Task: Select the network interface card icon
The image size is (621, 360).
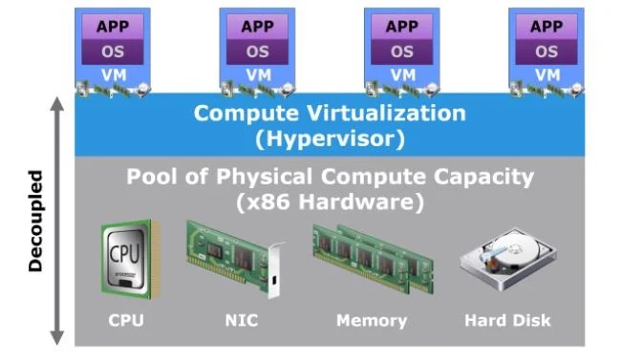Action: (235, 257)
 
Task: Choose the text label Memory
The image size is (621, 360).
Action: (372, 320)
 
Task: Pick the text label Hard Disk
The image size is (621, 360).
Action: (507, 320)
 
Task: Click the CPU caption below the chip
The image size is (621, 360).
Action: (125, 320)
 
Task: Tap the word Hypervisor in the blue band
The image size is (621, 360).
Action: (331, 138)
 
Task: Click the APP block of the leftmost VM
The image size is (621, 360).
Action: (112, 26)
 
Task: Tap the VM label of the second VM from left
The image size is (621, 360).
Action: (257, 74)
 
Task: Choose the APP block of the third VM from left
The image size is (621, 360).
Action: (402, 26)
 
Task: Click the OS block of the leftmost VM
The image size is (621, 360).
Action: (112, 52)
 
